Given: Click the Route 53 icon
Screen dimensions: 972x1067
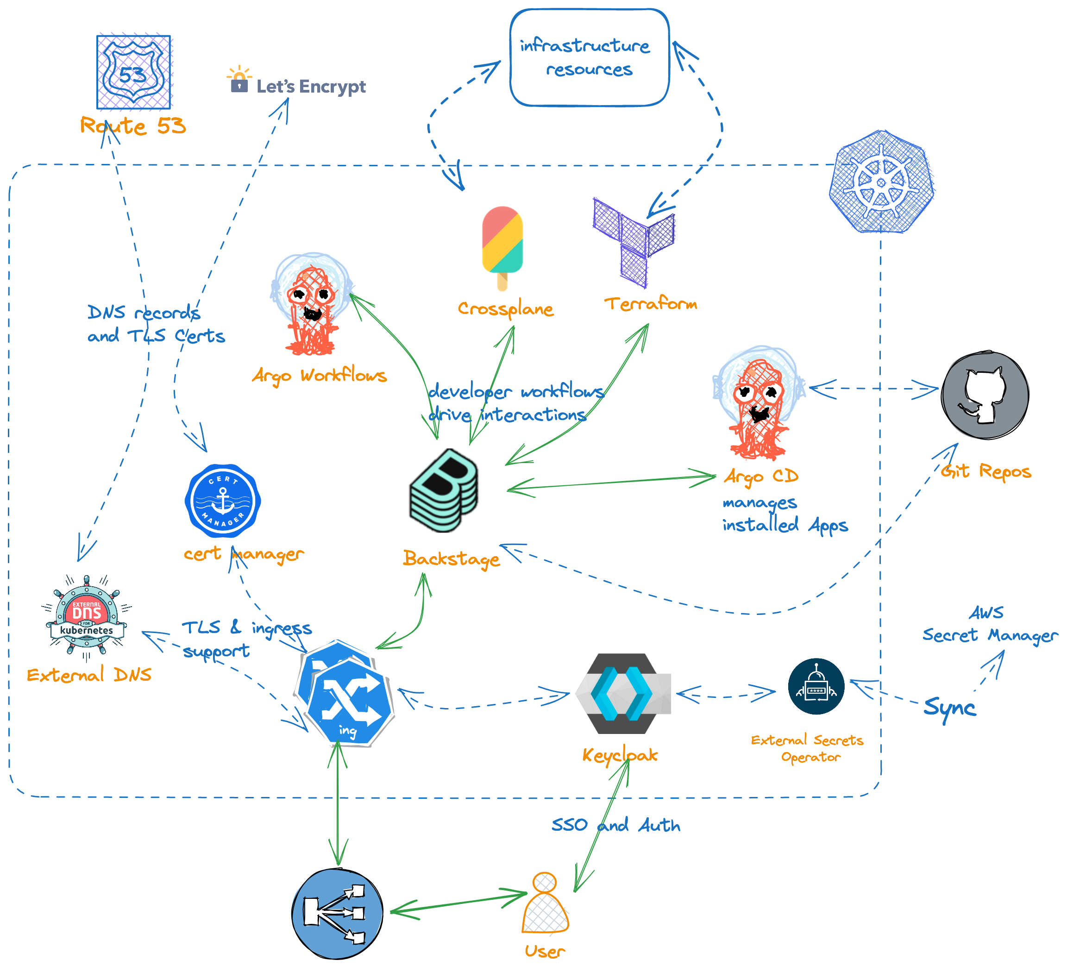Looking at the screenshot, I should point(134,72).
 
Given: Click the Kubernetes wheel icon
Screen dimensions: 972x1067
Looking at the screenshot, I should point(881,182).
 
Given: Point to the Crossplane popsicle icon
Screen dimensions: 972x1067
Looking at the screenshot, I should point(502,246).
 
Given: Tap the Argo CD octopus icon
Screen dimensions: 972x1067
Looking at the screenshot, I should point(759,402).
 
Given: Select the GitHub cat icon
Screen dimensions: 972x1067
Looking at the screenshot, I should point(985,395).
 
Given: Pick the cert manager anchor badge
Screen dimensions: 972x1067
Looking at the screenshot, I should point(223,501).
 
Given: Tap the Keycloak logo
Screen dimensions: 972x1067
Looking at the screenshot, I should point(623,693).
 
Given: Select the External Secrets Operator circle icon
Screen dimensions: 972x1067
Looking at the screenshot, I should point(816,686).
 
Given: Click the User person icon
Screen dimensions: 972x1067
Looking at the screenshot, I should point(545,905).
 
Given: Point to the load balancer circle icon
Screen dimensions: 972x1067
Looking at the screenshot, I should point(337,913).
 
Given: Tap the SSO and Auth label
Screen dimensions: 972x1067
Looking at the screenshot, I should point(615,825).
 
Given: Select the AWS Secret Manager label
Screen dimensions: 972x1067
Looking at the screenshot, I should point(990,624).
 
